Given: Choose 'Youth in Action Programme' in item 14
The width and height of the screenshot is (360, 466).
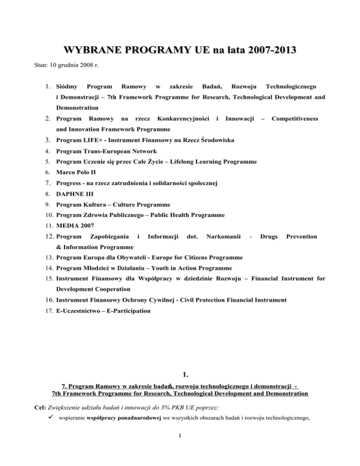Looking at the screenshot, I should [189, 269].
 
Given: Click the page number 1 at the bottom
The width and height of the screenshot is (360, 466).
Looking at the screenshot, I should [180, 449].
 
